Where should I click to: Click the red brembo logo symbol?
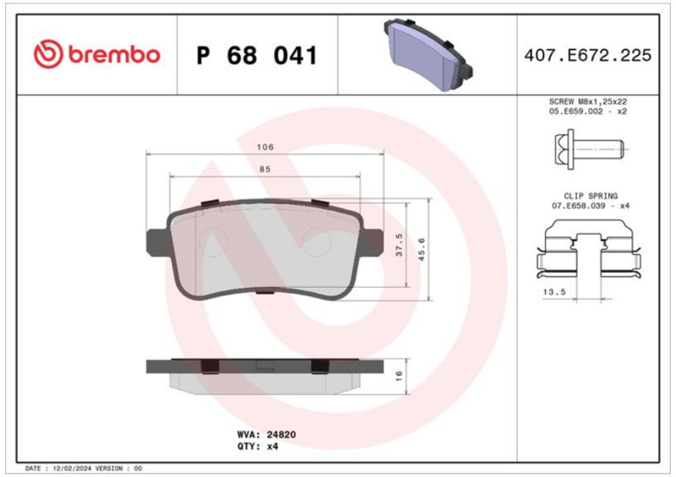pos(48,54)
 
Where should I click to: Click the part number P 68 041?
pos(257,56)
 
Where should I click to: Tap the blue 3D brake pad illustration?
pos(428,54)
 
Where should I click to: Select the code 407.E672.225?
pos(587,56)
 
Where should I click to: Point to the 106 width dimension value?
pos(265,147)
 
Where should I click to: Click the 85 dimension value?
pos(264,170)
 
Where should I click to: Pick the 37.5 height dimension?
pos(399,245)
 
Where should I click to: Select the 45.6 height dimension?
pos(422,249)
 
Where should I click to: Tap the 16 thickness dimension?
pos(399,376)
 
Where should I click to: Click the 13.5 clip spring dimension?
pos(554,292)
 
